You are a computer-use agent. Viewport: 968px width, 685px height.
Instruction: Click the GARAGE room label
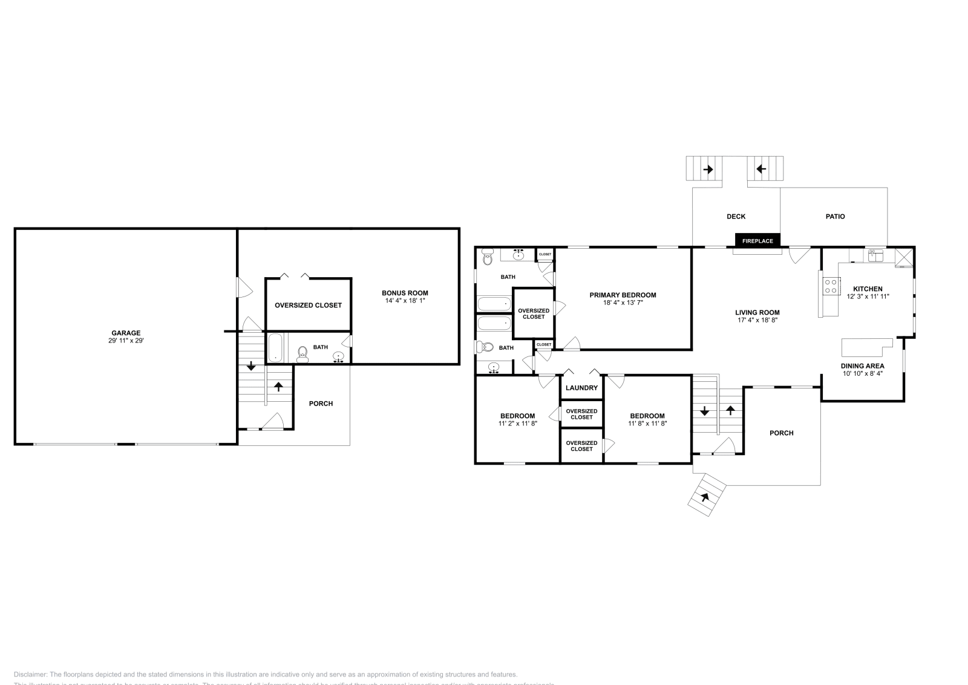point(126,333)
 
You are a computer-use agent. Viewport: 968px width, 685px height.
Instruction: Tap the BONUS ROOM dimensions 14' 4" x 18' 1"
point(405,301)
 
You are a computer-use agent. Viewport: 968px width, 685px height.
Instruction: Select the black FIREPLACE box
point(757,241)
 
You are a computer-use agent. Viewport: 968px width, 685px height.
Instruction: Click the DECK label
point(736,217)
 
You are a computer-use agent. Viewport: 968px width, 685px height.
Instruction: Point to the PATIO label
point(835,217)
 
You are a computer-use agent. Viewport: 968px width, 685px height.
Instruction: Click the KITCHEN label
point(868,289)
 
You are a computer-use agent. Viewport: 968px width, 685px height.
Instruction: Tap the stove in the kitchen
point(831,286)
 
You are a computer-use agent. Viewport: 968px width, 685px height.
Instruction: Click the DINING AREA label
point(862,366)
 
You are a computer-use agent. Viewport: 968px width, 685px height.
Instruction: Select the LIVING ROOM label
point(757,313)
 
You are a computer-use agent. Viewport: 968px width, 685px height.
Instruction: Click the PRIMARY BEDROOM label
point(623,295)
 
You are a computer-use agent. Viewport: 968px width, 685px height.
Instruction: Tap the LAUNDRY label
point(581,388)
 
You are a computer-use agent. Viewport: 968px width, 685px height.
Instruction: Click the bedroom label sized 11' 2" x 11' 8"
point(517,416)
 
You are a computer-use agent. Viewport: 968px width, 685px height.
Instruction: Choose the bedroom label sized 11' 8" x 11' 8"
point(647,416)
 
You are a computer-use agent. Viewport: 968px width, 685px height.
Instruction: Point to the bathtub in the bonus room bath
point(275,348)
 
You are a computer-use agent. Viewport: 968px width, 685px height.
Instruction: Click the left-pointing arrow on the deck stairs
point(761,169)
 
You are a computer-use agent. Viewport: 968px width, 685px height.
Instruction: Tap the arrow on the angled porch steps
point(704,498)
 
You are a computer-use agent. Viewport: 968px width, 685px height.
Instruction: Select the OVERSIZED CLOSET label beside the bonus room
point(308,305)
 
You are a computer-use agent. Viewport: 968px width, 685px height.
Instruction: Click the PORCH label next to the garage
point(321,404)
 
